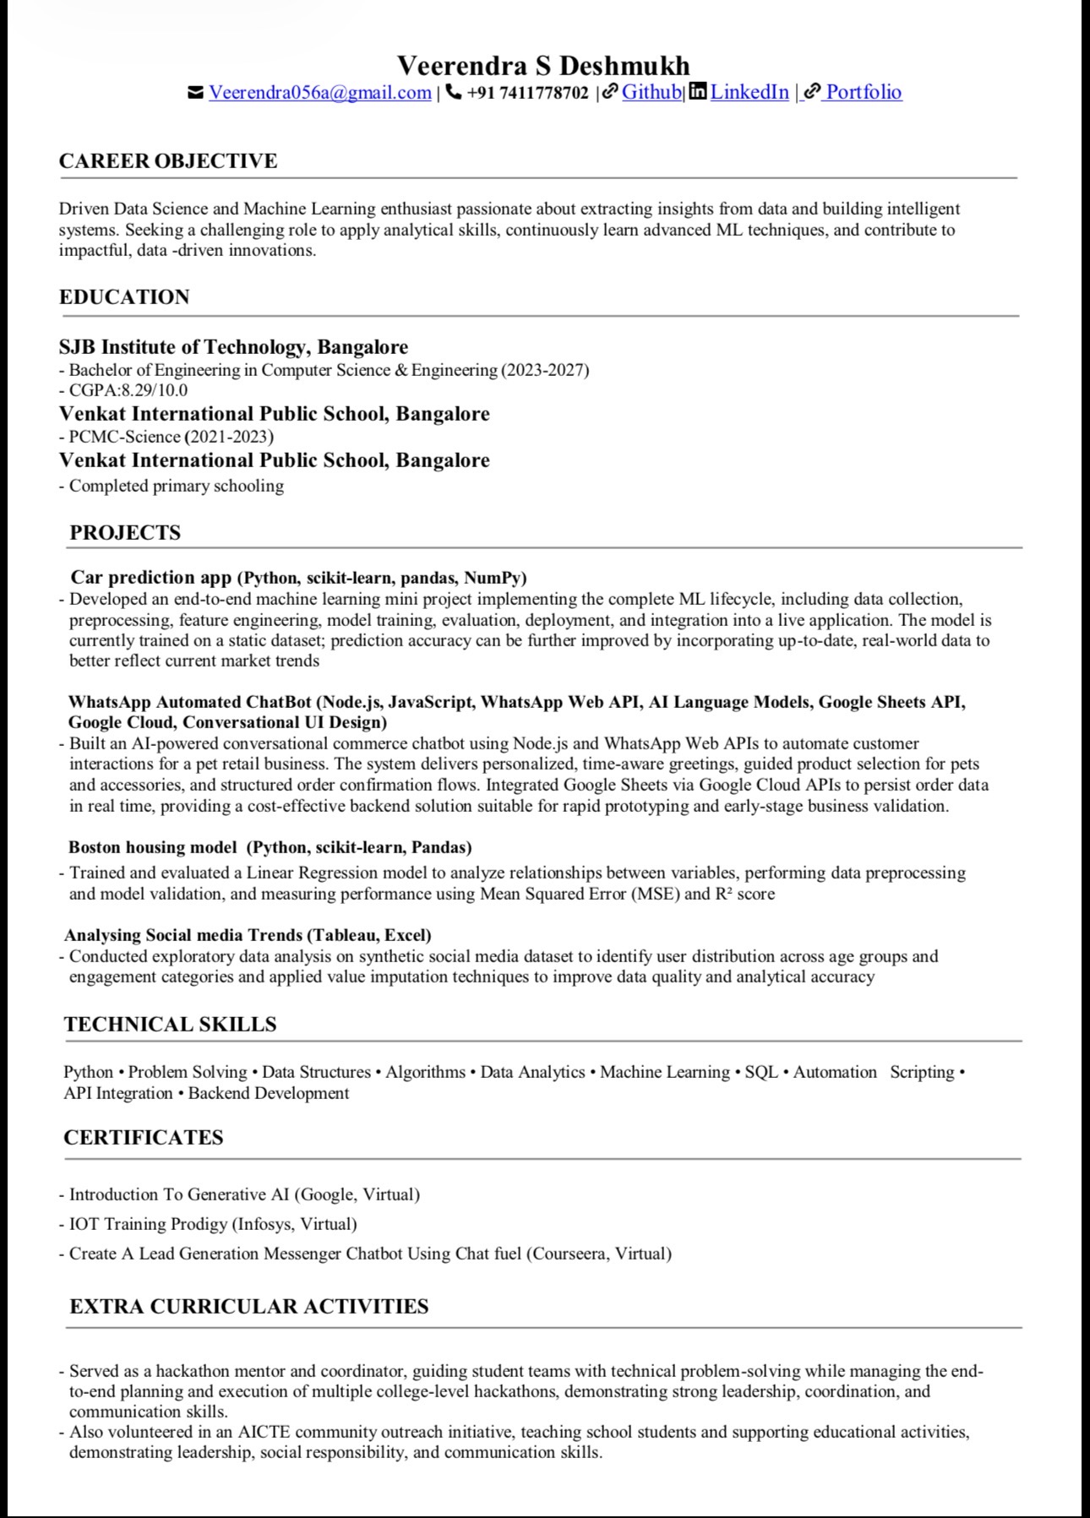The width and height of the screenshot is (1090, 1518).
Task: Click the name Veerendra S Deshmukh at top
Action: coord(543,65)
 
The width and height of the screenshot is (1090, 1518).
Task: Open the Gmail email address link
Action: coord(319,93)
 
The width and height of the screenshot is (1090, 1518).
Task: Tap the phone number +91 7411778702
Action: coord(527,93)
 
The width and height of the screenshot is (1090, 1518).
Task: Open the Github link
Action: coord(651,92)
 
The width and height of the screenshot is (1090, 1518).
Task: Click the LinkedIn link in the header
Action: coord(749,92)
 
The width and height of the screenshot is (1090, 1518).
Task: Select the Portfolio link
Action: coord(863,92)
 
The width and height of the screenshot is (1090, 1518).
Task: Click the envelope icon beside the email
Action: coord(195,92)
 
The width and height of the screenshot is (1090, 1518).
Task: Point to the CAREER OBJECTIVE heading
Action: coord(168,161)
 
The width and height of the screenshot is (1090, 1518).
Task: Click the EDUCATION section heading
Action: coord(124,297)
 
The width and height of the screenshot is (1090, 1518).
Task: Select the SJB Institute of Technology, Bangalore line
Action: coord(233,346)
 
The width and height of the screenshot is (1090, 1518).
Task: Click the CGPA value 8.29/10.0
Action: coord(154,390)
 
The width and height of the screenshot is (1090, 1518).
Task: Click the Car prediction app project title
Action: coord(150,578)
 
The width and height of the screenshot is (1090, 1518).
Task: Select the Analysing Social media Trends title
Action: coord(183,935)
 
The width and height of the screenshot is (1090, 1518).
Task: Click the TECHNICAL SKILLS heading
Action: coord(170,1024)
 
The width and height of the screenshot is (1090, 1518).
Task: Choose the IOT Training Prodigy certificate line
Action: coord(213,1224)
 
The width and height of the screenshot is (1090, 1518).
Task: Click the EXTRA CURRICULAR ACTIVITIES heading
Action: coord(248,1306)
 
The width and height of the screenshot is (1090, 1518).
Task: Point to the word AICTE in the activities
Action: coord(264,1432)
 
